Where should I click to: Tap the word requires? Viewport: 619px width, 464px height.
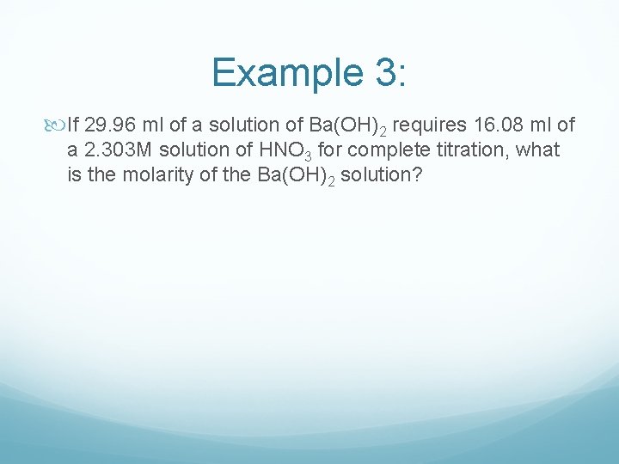point(433,126)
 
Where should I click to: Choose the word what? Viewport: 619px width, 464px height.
point(538,150)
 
